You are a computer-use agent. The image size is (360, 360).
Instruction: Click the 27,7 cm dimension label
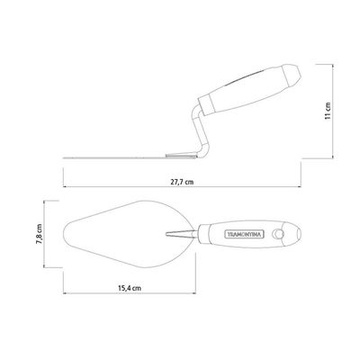[182, 182]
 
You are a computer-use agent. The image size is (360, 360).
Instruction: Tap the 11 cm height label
[328, 111]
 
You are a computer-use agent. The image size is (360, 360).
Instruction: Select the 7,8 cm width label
[40, 234]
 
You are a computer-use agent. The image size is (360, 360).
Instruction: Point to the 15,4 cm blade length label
[130, 288]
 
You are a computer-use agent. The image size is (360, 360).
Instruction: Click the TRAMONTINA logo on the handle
[244, 234]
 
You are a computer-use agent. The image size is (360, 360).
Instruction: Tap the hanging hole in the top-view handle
[278, 234]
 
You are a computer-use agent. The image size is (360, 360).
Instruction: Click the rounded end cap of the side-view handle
[291, 74]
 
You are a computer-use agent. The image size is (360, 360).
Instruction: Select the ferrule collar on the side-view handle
[206, 104]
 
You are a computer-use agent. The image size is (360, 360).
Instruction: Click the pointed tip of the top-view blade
[64, 234]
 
